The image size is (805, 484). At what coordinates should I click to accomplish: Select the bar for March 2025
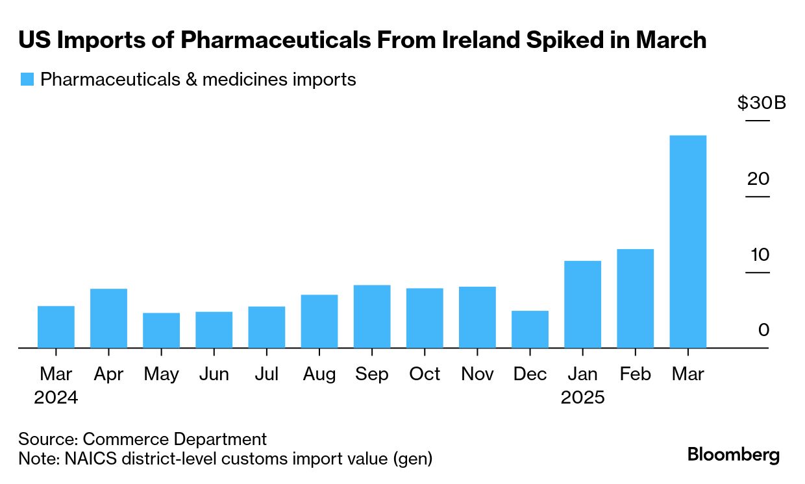coord(687,241)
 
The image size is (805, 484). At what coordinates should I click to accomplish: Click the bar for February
coord(635,298)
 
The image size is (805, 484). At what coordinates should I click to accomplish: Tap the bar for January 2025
coord(582,304)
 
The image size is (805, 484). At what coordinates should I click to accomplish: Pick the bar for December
coord(530,329)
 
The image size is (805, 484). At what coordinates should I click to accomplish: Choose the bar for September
coord(372,316)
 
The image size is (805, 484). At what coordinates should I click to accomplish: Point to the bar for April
coord(108,318)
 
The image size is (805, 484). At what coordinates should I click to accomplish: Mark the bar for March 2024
coord(56,326)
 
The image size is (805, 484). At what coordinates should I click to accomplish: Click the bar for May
coord(161,330)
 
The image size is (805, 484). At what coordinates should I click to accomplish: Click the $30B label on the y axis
coord(762,103)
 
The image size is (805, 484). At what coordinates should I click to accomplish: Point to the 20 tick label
coord(758,178)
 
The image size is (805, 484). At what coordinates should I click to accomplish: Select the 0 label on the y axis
coord(763,330)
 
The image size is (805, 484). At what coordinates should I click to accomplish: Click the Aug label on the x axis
coord(319,374)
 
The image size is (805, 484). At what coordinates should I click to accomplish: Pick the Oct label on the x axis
coord(425,374)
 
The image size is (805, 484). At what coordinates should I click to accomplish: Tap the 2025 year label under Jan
coord(582,397)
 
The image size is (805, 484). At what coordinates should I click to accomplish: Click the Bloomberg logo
coord(734,455)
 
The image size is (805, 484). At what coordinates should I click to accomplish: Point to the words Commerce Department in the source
coord(175,439)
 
